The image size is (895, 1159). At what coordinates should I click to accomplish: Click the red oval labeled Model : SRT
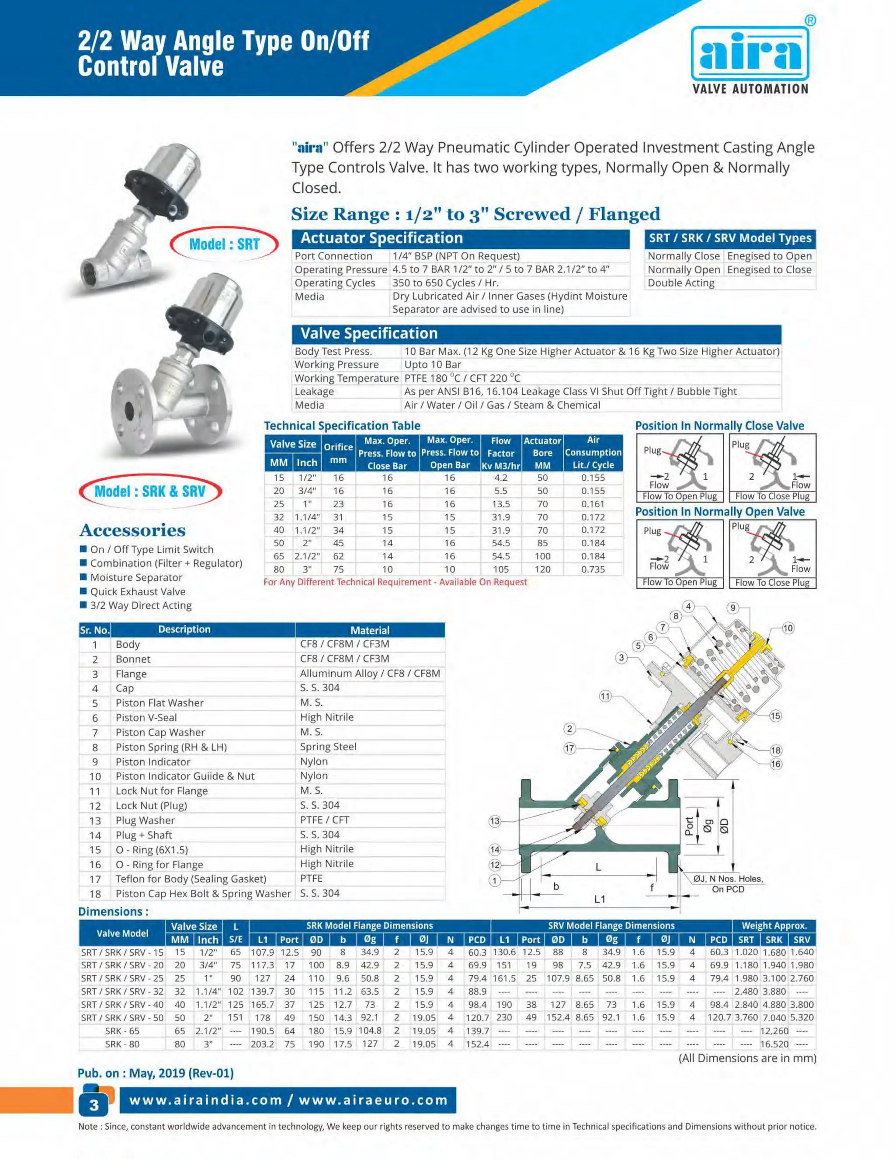tap(224, 244)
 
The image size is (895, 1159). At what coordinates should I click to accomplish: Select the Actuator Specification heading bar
tap(460, 238)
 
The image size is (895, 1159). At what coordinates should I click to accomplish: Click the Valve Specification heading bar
tap(536, 333)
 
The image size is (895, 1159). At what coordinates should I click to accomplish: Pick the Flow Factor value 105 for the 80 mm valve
tap(500, 569)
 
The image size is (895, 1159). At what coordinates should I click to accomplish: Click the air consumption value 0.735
tap(593, 569)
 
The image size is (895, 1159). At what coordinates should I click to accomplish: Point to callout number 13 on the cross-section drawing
tap(494, 821)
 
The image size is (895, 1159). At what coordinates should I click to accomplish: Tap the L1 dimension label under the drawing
tap(599, 899)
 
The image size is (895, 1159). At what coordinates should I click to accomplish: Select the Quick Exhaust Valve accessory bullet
tap(137, 591)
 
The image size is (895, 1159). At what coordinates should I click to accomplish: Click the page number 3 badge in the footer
tap(94, 1105)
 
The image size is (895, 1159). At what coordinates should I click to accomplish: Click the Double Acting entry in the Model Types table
tap(681, 283)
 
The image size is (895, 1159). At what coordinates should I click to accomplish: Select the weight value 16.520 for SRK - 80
tap(774, 1044)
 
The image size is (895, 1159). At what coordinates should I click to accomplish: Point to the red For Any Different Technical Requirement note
tap(395, 582)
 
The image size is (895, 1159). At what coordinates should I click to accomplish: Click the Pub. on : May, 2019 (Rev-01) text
tap(155, 1073)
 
